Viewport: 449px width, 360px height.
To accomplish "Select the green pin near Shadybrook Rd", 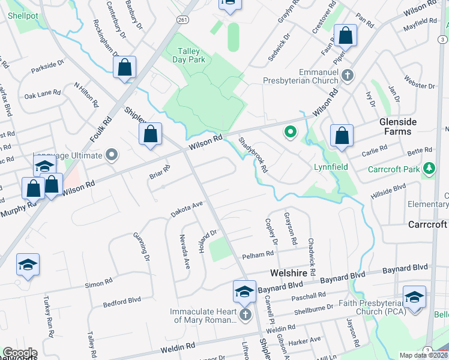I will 291,131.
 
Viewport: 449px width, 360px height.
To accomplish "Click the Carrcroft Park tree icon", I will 429,169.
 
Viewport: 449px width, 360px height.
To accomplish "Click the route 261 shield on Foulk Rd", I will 182,19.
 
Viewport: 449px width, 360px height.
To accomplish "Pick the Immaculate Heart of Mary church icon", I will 244,314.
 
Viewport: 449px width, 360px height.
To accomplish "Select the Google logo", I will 20,353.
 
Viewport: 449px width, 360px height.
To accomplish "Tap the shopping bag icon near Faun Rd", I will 346,35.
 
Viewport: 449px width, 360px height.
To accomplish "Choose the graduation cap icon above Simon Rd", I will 28,265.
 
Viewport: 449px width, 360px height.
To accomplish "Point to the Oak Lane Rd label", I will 43,94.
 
